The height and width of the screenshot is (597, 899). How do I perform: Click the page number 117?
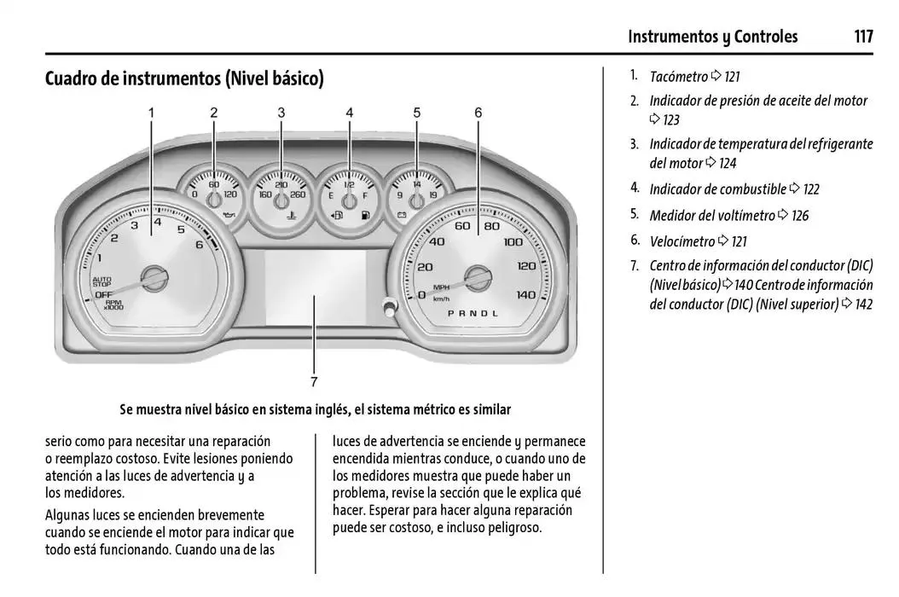(862, 37)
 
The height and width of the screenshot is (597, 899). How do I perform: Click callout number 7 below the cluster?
(314, 382)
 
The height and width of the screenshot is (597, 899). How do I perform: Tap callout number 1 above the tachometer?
(152, 113)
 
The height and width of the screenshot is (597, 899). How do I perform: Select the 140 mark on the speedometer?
(526, 294)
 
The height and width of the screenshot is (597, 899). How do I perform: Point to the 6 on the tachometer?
(199, 245)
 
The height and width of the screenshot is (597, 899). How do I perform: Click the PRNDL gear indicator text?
(473, 313)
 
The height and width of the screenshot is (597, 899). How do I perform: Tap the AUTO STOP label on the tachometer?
(102, 281)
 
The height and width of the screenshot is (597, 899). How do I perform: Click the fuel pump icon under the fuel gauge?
(366, 216)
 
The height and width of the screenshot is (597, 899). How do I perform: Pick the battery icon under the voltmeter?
(400, 216)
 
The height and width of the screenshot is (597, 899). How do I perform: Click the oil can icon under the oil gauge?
(228, 216)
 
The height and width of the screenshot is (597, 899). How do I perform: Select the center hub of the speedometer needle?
(478, 277)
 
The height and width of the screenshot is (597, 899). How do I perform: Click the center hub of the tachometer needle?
(154, 277)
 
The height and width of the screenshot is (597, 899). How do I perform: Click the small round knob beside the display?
(389, 307)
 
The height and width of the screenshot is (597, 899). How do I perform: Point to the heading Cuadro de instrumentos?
(184, 79)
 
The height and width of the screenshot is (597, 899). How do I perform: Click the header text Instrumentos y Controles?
(712, 37)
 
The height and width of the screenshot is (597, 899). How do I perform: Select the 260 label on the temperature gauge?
(298, 195)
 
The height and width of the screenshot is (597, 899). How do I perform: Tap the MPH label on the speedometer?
(441, 287)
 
